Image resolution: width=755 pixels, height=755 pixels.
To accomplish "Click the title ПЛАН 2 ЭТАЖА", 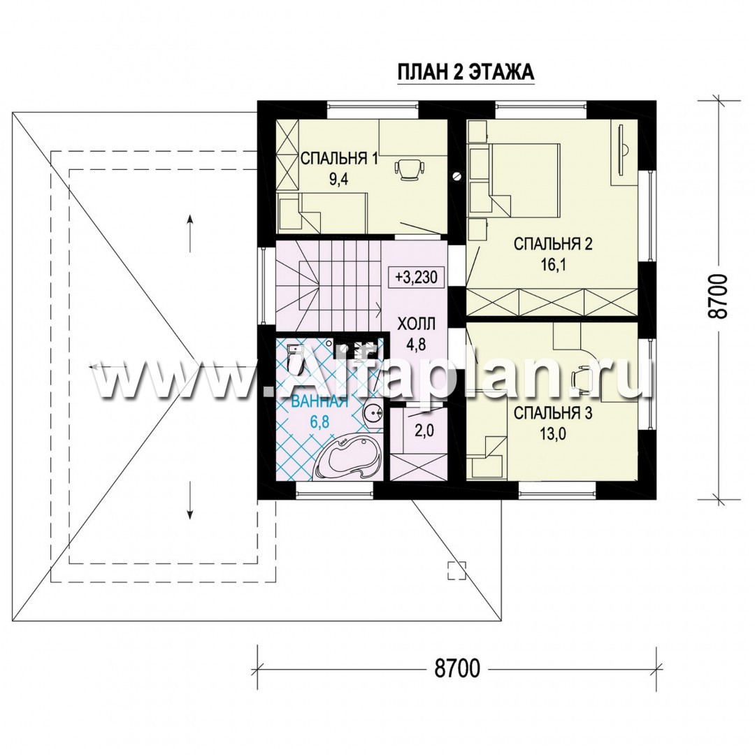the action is click(466, 72).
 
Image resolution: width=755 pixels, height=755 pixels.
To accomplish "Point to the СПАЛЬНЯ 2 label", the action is click(553, 244).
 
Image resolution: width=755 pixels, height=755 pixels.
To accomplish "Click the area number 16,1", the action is click(553, 266).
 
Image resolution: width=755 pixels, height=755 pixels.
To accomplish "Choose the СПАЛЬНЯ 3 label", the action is click(553, 413).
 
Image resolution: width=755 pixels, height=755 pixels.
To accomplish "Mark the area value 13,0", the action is click(553, 434).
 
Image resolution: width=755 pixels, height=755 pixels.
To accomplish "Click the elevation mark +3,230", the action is click(416, 278).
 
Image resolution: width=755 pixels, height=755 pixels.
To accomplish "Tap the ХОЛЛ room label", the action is click(416, 324).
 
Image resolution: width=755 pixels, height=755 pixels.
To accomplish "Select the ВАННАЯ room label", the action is click(319, 401).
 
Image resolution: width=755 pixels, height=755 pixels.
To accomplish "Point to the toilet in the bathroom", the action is click(293, 357).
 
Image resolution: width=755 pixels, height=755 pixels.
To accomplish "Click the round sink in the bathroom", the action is click(371, 412).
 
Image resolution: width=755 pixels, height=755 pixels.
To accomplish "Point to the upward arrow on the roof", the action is click(191, 233).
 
